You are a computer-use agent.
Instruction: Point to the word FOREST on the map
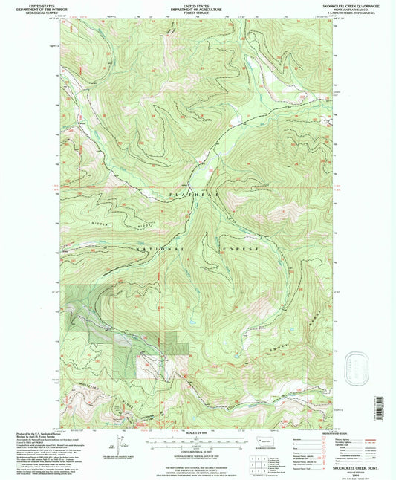point(244,248)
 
